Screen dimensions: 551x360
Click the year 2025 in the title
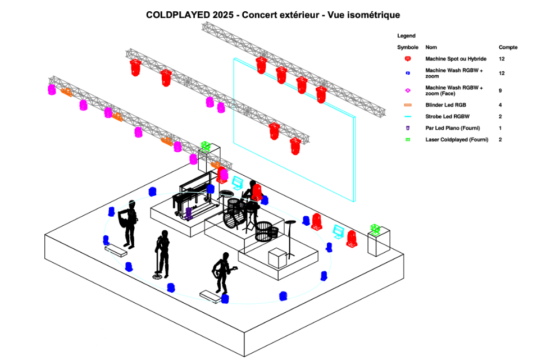[223, 15]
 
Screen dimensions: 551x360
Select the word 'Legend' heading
[406, 36]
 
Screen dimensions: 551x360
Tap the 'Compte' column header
[508, 47]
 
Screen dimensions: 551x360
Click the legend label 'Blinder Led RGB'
[445, 105]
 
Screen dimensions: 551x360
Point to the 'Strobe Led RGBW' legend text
[447, 117]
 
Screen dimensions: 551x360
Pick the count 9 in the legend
[500, 90]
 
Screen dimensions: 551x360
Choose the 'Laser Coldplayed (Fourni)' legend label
[457, 140]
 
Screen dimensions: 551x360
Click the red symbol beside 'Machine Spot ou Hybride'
[408, 59]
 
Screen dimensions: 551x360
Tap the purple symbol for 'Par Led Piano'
[408, 128]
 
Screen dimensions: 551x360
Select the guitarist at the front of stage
[222, 272]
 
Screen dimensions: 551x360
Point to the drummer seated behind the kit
[251, 192]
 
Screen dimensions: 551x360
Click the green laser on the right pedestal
[375, 229]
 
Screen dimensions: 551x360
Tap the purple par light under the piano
[189, 213]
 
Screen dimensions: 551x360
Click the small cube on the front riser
[277, 258]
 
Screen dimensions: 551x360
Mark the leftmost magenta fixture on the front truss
[52, 89]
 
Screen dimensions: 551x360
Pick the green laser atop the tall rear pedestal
[206, 146]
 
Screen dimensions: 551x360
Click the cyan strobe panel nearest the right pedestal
[338, 231]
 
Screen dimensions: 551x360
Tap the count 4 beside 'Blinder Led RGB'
[500, 105]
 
